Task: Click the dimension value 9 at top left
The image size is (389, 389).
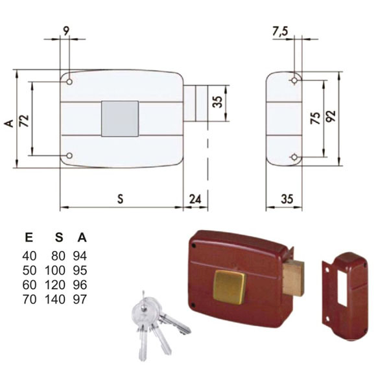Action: click(x=66, y=30)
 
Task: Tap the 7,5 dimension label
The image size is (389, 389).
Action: click(x=280, y=32)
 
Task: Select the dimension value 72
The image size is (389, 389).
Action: click(x=25, y=121)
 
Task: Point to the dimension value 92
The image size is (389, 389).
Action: click(x=331, y=116)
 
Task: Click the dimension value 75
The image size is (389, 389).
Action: click(x=316, y=118)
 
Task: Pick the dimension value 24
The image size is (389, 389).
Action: click(x=195, y=199)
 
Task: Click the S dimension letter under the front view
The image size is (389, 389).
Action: click(x=121, y=199)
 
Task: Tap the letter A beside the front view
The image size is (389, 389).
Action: click(x=9, y=123)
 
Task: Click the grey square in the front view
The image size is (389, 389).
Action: click(x=120, y=119)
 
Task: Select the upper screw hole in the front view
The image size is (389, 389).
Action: click(x=69, y=82)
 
